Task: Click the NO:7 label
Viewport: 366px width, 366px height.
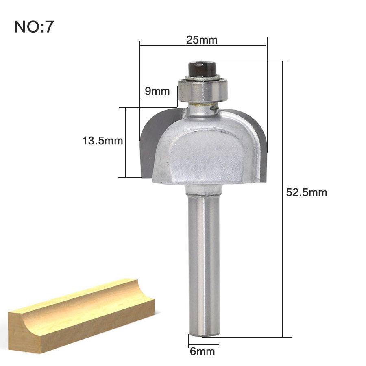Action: click(34, 26)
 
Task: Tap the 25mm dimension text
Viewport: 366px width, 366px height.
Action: click(202, 40)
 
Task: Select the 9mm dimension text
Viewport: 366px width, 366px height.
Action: click(157, 91)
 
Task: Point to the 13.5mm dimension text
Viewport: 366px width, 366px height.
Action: click(102, 141)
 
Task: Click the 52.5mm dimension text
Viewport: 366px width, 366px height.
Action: click(307, 192)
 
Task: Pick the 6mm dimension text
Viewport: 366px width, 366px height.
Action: click(203, 351)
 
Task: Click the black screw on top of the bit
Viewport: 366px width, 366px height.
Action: click(203, 69)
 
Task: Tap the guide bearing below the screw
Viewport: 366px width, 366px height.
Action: click(203, 90)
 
